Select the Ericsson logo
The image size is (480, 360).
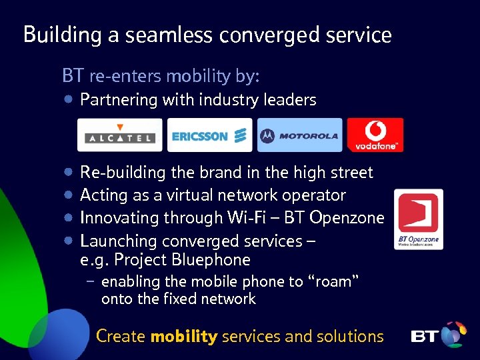tap(209, 135)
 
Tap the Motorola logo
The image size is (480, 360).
tap(299, 135)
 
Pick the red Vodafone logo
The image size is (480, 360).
tap(375, 135)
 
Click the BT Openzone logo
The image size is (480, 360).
tap(418, 219)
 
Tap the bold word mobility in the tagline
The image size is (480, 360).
tap(184, 337)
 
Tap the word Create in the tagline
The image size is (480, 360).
tap(121, 337)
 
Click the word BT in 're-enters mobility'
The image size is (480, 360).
tap(73, 76)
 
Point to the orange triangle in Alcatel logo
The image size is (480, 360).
tap(120, 127)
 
